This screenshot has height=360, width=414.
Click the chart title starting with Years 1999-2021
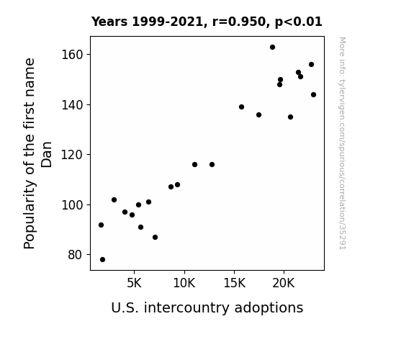tap(207, 22)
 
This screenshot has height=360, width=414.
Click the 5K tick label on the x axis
tap(134, 284)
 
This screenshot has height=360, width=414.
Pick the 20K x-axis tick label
tap(284, 284)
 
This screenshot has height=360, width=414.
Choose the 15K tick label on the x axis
tap(234, 284)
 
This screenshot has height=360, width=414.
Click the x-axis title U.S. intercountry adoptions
tap(207, 308)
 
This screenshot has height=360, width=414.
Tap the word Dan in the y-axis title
tap(47, 155)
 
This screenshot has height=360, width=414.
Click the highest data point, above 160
tap(272, 48)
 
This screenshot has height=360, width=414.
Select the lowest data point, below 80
tap(102, 260)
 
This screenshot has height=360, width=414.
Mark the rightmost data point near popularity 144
tap(313, 95)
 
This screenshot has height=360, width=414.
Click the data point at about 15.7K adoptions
tap(241, 107)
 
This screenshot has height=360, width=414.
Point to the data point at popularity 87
tap(155, 238)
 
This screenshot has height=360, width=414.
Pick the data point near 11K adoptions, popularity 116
tap(194, 165)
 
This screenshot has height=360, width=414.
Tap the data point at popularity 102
tap(114, 200)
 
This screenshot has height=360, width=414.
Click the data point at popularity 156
tap(311, 65)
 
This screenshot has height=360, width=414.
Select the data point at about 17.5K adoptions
tap(258, 115)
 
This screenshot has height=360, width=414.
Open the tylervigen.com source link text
tap(343, 143)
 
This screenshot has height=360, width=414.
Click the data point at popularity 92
tap(101, 225)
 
